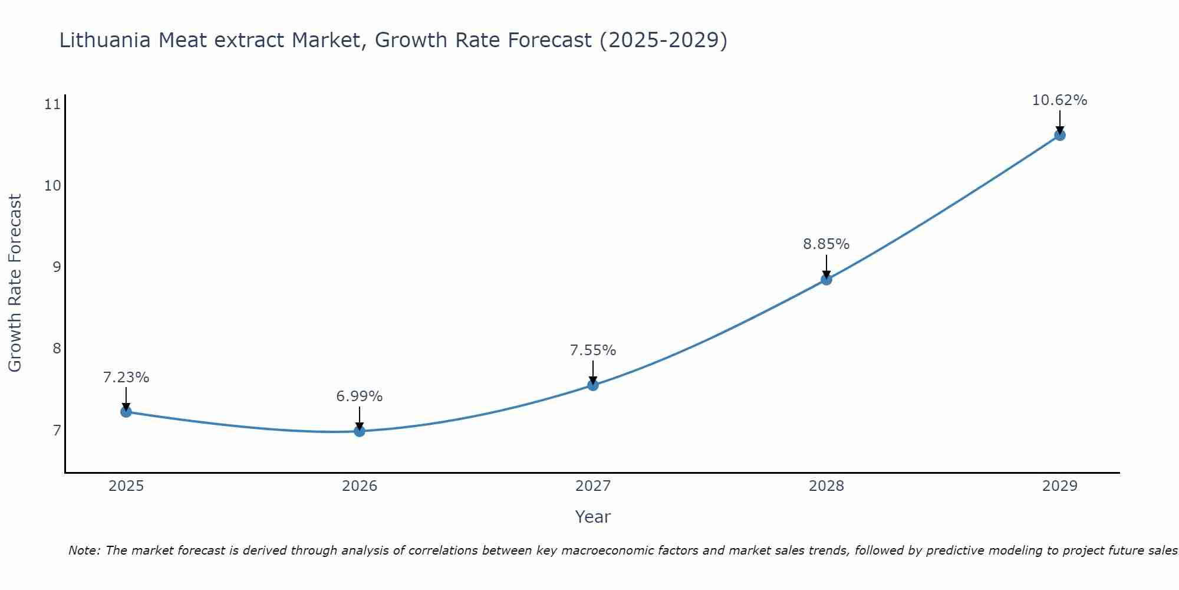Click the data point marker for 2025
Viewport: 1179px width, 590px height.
coord(126,411)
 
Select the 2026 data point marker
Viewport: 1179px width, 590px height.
coord(360,431)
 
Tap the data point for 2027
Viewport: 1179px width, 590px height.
coord(593,385)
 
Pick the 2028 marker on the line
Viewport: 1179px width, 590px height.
coord(826,279)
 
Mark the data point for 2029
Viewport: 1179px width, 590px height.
coord(1060,135)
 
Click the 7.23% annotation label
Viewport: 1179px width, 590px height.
coord(126,378)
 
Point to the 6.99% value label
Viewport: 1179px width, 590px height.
coord(360,396)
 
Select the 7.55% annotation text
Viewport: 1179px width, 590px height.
coord(593,350)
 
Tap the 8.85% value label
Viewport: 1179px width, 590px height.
coord(826,244)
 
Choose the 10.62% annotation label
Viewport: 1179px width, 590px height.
coord(1059,100)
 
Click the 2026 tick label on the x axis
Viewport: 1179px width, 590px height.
coord(360,486)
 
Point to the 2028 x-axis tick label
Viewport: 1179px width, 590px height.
coord(826,486)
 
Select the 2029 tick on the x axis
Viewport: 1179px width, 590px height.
coord(1060,486)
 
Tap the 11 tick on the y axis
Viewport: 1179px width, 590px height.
coord(52,104)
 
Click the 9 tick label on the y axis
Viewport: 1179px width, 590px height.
coord(57,267)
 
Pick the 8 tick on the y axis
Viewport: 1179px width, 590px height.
coord(57,349)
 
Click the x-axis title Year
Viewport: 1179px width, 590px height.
coord(593,517)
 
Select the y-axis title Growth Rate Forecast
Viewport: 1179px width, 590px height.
coord(15,283)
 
